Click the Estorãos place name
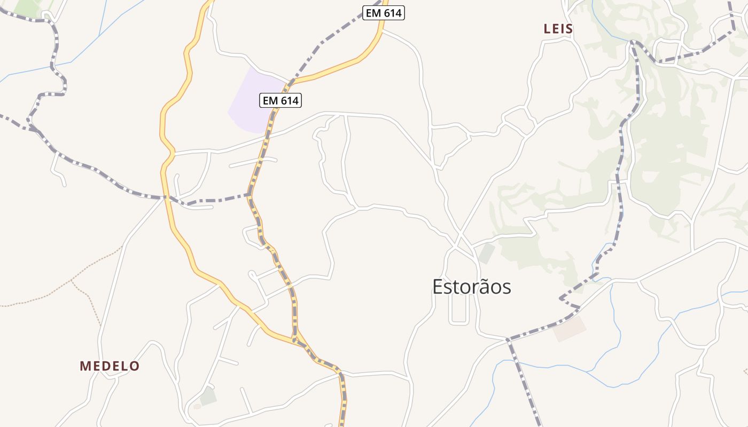[471, 287]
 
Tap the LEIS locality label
[558, 29]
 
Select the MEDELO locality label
[110, 366]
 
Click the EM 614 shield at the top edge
[384, 13]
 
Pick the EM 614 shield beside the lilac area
[280, 100]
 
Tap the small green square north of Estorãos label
[486, 253]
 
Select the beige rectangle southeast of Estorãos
[569, 329]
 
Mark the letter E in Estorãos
[438, 287]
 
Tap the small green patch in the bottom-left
[208, 396]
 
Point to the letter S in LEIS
[570, 29]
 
